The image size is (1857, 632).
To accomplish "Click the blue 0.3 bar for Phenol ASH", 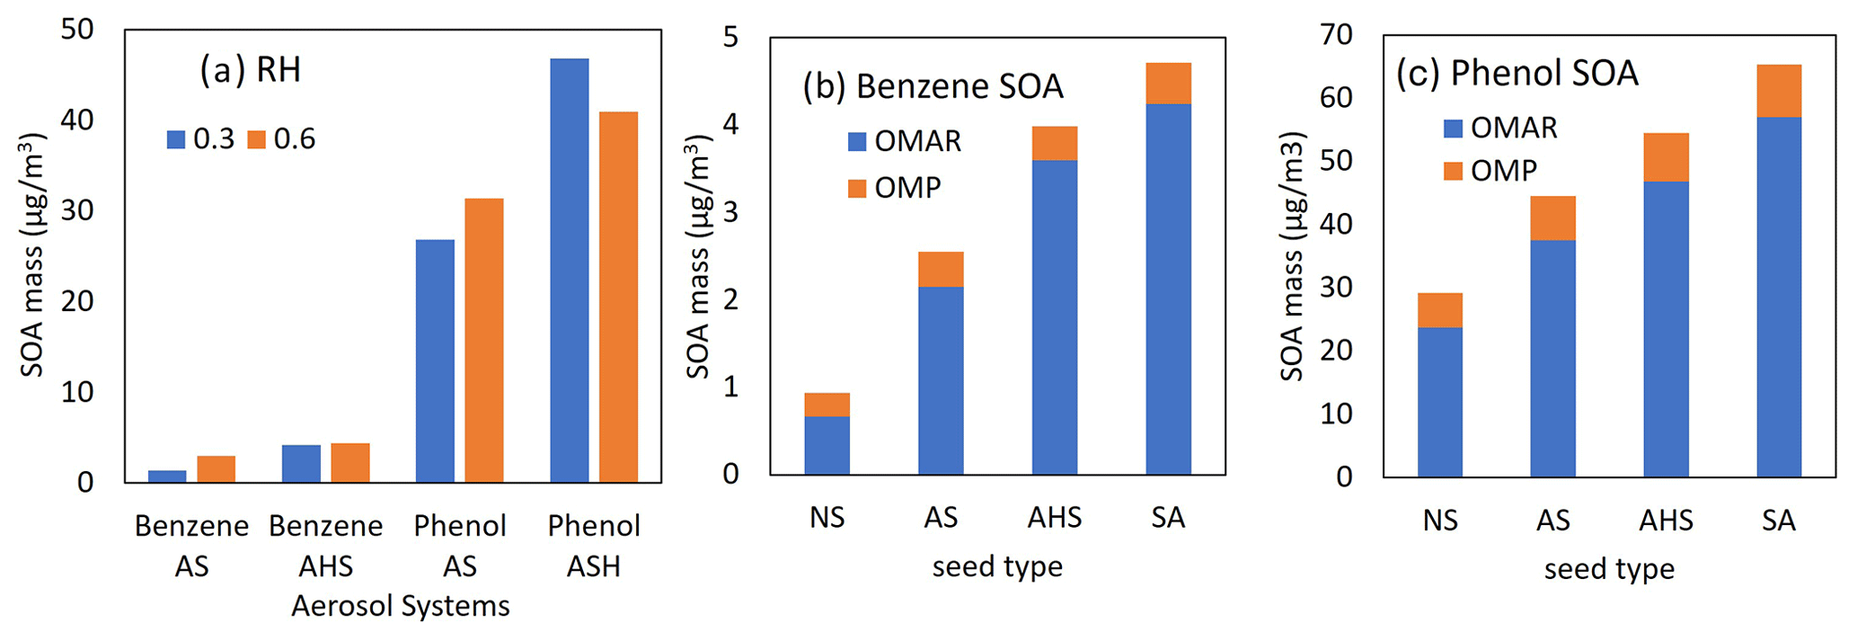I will tap(569, 270).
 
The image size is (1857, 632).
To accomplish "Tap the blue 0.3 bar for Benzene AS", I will tap(167, 476).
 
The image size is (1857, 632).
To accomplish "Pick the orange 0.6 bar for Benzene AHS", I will tap(349, 463).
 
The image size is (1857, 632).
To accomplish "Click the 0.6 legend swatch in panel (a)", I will tap(257, 139).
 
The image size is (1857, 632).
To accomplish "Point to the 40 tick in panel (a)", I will tap(77, 120).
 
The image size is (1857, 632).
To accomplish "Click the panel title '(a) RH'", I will tap(250, 70).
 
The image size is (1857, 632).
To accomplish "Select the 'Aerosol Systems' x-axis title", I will tap(400, 606).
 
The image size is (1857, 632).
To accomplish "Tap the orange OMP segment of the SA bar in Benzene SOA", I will tap(1168, 84).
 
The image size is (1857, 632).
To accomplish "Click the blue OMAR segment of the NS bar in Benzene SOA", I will tap(827, 445).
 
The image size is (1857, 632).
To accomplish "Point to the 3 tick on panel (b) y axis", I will tap(730, 212).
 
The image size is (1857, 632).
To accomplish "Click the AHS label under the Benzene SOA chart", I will tap(1054, 518).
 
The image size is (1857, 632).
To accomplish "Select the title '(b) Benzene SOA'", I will tap(933, 86).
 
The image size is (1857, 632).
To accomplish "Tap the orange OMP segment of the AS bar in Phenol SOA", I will tap(1552, 218).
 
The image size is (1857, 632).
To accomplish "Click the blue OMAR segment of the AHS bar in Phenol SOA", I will tap(1666, 328).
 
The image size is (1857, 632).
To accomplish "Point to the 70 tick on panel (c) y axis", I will tap(1337, 35).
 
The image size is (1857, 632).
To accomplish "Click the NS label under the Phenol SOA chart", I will tap(1439, 521).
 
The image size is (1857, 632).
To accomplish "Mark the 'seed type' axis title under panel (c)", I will tap(1609, 569).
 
